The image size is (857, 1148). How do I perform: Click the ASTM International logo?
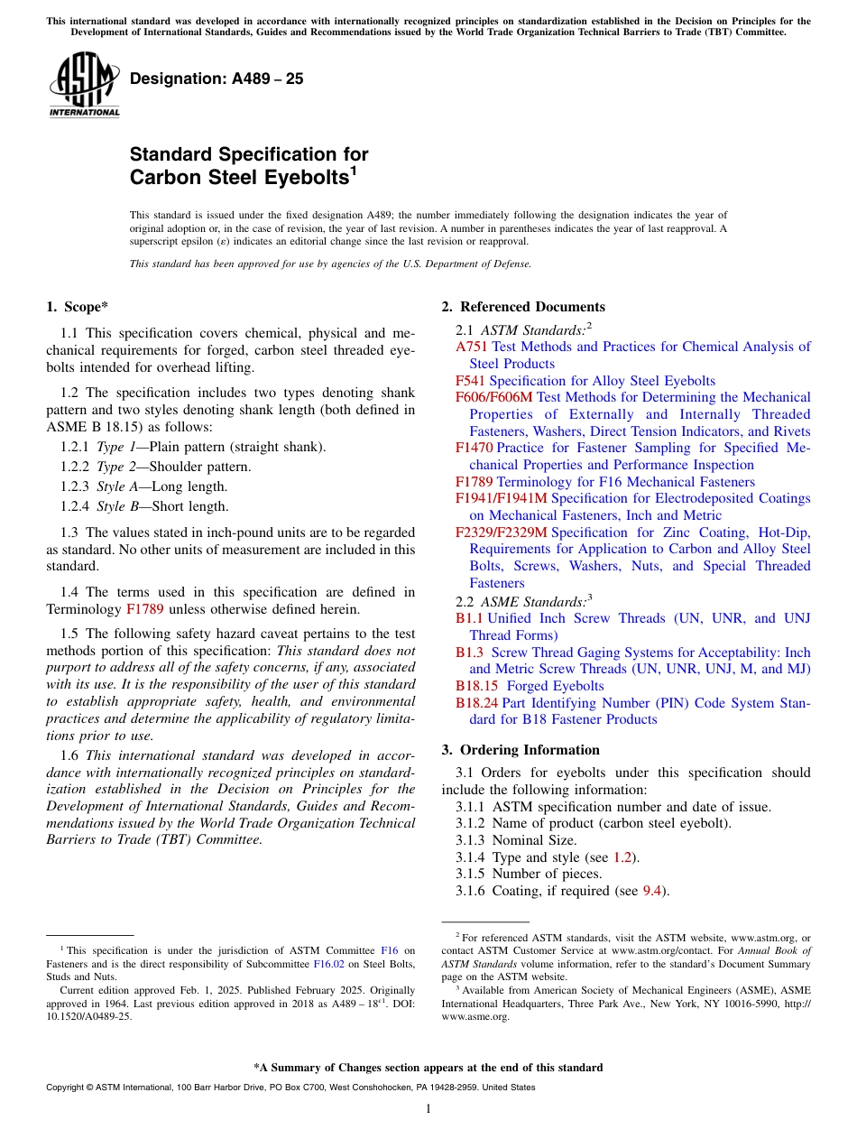pos(84,85)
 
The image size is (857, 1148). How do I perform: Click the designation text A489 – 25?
pos(217,79)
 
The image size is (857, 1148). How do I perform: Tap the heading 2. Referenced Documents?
pos(523,307)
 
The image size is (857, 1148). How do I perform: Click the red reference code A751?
pos(471,347)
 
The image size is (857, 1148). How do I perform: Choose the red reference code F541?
pos(470,381)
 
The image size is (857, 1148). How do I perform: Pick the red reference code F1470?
pos(474,448)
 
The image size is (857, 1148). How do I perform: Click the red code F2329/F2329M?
pos(501,532)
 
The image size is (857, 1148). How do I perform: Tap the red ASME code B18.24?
pos(476,703)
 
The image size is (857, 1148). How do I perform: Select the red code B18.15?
pos(476,686)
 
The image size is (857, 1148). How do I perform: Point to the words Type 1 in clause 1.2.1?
pos(115,447)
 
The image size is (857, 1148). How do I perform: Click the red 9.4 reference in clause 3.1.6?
pos(652,891)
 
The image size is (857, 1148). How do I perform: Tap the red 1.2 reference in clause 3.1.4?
pos(622,857)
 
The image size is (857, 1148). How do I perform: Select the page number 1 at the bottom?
pos(428,1109)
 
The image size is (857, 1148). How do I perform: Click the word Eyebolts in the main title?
pos(302,178)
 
